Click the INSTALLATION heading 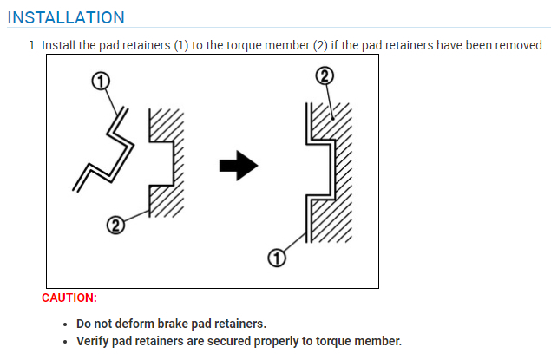pyautogui.click(x=66, y=17)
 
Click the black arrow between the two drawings pyautogui.click(x=239, y=165)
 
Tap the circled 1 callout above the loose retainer pyautogui.click(x=101, y=82)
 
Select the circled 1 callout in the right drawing pyautogui.click(x=277, y=258)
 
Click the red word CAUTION pyautogui.click(x=69, y=298)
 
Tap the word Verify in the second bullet pyautogui.click(x=94, y=341)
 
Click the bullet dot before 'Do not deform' pyautogui.click(x=67, y=324)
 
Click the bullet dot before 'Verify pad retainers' pyautogui.click(x=67, y=342)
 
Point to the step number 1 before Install pyautogui.click(x=32, y=44)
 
